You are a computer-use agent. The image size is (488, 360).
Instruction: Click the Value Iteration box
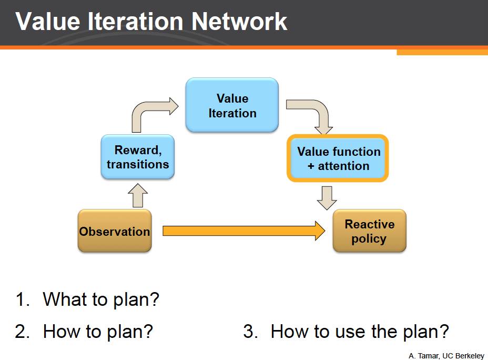(x=232, y=105)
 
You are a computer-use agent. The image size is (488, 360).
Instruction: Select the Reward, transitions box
(x=138, y=157)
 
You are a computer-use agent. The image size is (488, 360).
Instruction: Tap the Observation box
(x=115, y=232)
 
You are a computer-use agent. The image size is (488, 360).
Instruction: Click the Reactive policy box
(x=369, y=232)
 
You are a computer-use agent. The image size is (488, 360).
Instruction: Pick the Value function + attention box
(x=338, y=158)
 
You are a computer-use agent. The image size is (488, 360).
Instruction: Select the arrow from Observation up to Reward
(x=137, y=195)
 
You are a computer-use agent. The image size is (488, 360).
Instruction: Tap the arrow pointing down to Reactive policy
(x=327, y=197)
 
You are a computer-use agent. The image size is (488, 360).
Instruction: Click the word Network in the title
(x=239, y=22)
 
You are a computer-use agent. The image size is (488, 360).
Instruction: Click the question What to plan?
(x=100, y=299)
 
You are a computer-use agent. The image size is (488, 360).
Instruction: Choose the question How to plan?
(x=98, y=332)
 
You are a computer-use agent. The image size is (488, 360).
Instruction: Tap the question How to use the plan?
(x=360, y=332)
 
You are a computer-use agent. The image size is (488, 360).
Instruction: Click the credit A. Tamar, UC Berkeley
(x=446, y=356)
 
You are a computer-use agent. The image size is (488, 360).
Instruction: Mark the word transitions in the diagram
(x=138, y=164)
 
